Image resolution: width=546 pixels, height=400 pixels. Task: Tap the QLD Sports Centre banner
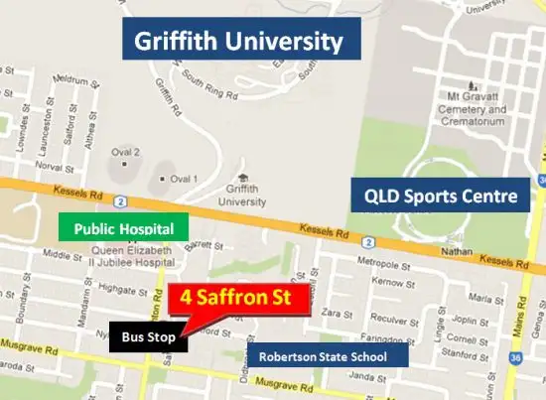click(x=438, y=197)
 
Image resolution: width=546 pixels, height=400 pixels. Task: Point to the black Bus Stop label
click(x=148, y=337)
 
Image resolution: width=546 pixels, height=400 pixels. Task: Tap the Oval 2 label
click(x=128, y=152)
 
